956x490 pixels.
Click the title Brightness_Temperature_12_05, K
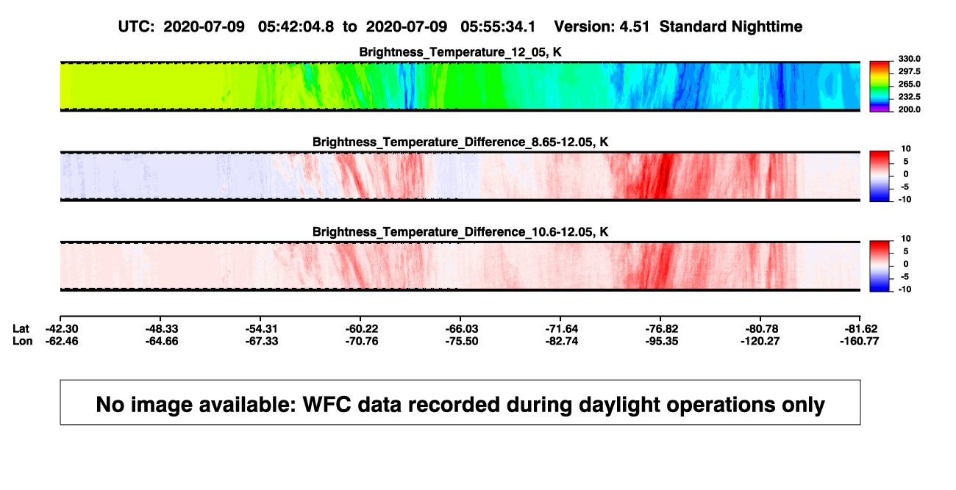point(460,52)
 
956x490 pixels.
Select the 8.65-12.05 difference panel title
point(460,142)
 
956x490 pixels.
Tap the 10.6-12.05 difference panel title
point(460,232)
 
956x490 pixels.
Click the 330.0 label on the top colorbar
point(909,59)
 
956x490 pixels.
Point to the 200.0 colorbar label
point(909,109)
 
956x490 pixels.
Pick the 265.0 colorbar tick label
point(909,84)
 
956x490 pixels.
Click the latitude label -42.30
point(62,329)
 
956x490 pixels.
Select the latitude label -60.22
point(362,329)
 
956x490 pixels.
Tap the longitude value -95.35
point(662,341)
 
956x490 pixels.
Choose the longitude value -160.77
point(859,341)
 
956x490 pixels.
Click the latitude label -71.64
point(562,329)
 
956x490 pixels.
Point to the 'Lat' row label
point(21,329)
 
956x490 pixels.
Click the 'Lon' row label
point(23,341)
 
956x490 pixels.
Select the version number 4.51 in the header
point(634,26)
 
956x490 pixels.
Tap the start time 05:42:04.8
point(296,26)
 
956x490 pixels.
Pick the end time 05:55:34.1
point(498,26)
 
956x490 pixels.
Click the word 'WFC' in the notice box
point(327,404)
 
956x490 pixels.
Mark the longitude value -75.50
point(462,341)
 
